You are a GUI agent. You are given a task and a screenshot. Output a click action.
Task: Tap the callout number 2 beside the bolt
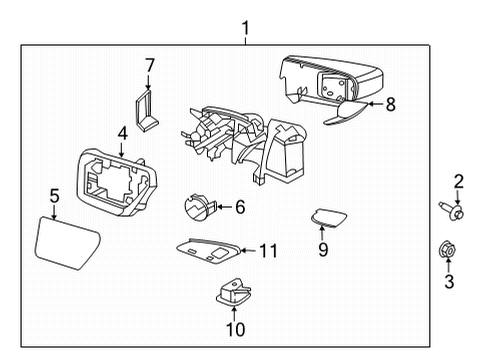coord(458,181)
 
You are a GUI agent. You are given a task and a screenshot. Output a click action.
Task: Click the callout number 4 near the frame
coord(122,132)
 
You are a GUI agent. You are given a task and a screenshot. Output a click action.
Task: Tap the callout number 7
coord(149,66)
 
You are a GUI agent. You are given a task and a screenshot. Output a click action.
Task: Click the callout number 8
coord(390,102)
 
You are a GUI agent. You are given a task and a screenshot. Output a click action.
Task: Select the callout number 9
coord(323,250)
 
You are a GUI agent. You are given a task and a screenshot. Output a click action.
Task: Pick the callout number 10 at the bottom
coord(234,328)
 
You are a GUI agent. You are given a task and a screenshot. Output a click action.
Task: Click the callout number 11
coord(267,250)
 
